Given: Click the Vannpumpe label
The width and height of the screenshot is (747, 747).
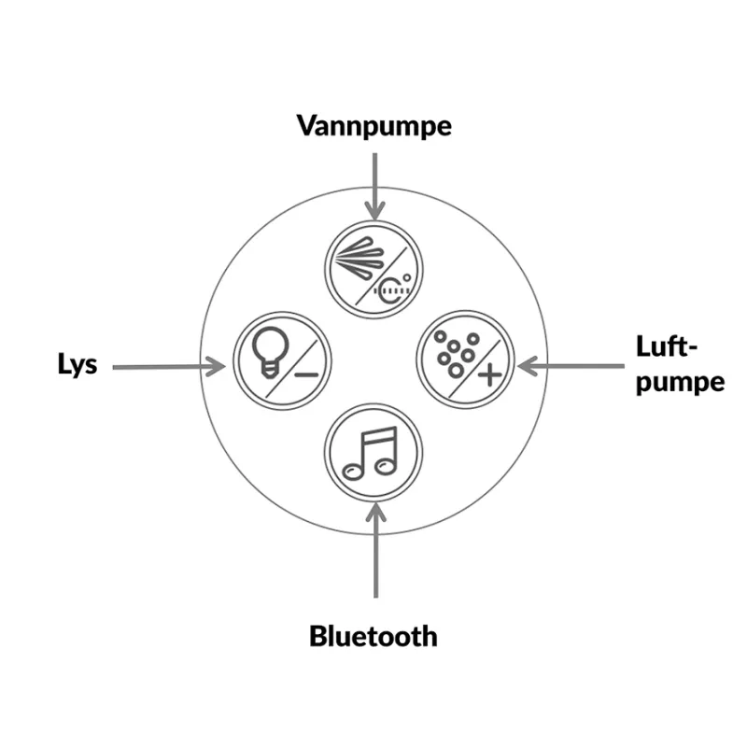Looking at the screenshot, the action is coord(374,126).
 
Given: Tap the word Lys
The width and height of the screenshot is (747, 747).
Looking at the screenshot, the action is coord(78,365).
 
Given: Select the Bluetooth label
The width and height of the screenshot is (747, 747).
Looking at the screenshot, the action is coord(373,636).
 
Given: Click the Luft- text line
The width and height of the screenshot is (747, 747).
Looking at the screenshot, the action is coord(667,346).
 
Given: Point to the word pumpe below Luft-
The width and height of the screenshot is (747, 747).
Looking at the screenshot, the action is coord(681,383).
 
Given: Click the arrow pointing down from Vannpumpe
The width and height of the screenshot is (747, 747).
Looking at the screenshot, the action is coord(375,187).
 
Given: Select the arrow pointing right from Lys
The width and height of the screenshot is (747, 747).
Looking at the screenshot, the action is coord(169,367).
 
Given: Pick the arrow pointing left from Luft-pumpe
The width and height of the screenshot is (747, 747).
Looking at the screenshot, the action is coord(571,366).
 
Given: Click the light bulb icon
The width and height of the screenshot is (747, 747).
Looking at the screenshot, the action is coord(270,353).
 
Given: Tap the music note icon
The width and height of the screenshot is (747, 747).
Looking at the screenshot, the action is coord(370,453).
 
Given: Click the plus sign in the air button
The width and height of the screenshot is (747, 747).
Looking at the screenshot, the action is coord(490,375).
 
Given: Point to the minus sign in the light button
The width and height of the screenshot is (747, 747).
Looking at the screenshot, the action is coord(306,375).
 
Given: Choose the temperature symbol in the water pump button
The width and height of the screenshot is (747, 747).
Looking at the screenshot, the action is coord(393,289).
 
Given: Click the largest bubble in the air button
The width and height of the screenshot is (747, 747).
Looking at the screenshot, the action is coord(456,370).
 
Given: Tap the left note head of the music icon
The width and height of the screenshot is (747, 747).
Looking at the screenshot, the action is coord(354,472).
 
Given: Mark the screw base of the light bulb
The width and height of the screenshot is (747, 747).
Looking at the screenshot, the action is coord(270,370).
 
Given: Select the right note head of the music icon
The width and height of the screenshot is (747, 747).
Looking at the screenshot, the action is coord(385,466).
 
